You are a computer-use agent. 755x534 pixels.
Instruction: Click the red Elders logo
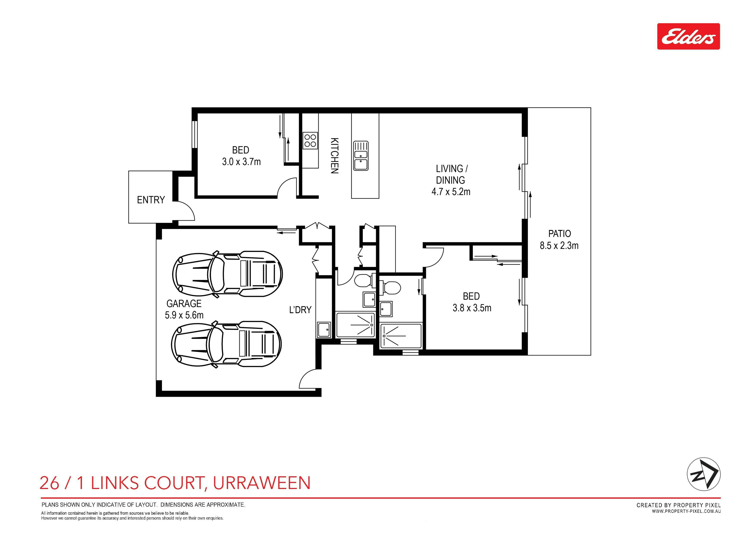(x=688, y=37)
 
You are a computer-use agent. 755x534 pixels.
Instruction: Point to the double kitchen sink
(x=361, y=156)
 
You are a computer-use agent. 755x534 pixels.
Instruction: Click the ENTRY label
(x=151, y=200)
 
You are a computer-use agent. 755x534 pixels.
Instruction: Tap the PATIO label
(x=559, y=234)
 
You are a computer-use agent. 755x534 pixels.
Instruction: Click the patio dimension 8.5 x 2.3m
(x=559, y=245)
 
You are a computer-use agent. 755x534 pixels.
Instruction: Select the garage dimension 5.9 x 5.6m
(x=184, y=315)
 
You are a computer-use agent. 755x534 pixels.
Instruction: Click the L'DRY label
(x=300, y=310)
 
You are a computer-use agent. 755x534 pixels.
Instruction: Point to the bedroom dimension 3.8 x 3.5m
(x=472, y=308)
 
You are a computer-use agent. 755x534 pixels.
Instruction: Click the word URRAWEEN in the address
(x=262, y=483)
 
